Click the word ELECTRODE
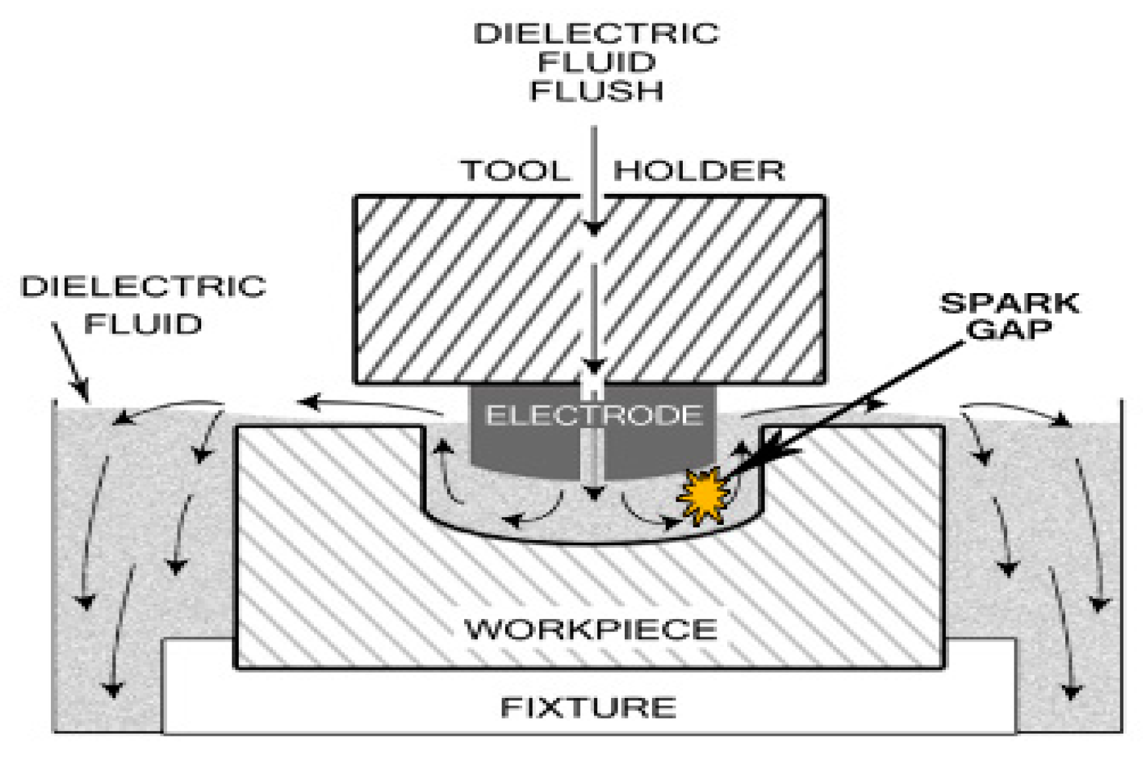(x=593, y=415)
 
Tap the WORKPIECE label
(x=590, y=629)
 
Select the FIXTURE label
(x=588, y=708)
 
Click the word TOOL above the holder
(x=516, y=171)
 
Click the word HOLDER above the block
(x=698, y=171)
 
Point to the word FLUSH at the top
(x=596, y=91)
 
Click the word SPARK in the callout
(x=1009, y=303)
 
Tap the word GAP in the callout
(x=1009, y=329)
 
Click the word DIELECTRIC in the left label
(x=144, y=287)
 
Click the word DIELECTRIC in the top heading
(x=596, y=34)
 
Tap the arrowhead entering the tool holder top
(x=593, y=229)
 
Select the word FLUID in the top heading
(x=596, y=63)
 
